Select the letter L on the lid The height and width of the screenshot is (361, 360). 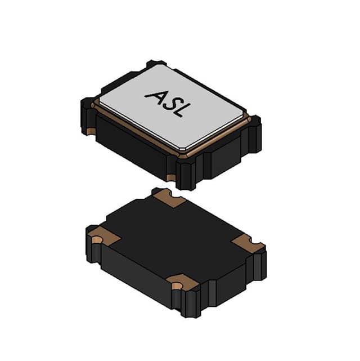[178, 109]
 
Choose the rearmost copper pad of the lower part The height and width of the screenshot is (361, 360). [169, 197]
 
